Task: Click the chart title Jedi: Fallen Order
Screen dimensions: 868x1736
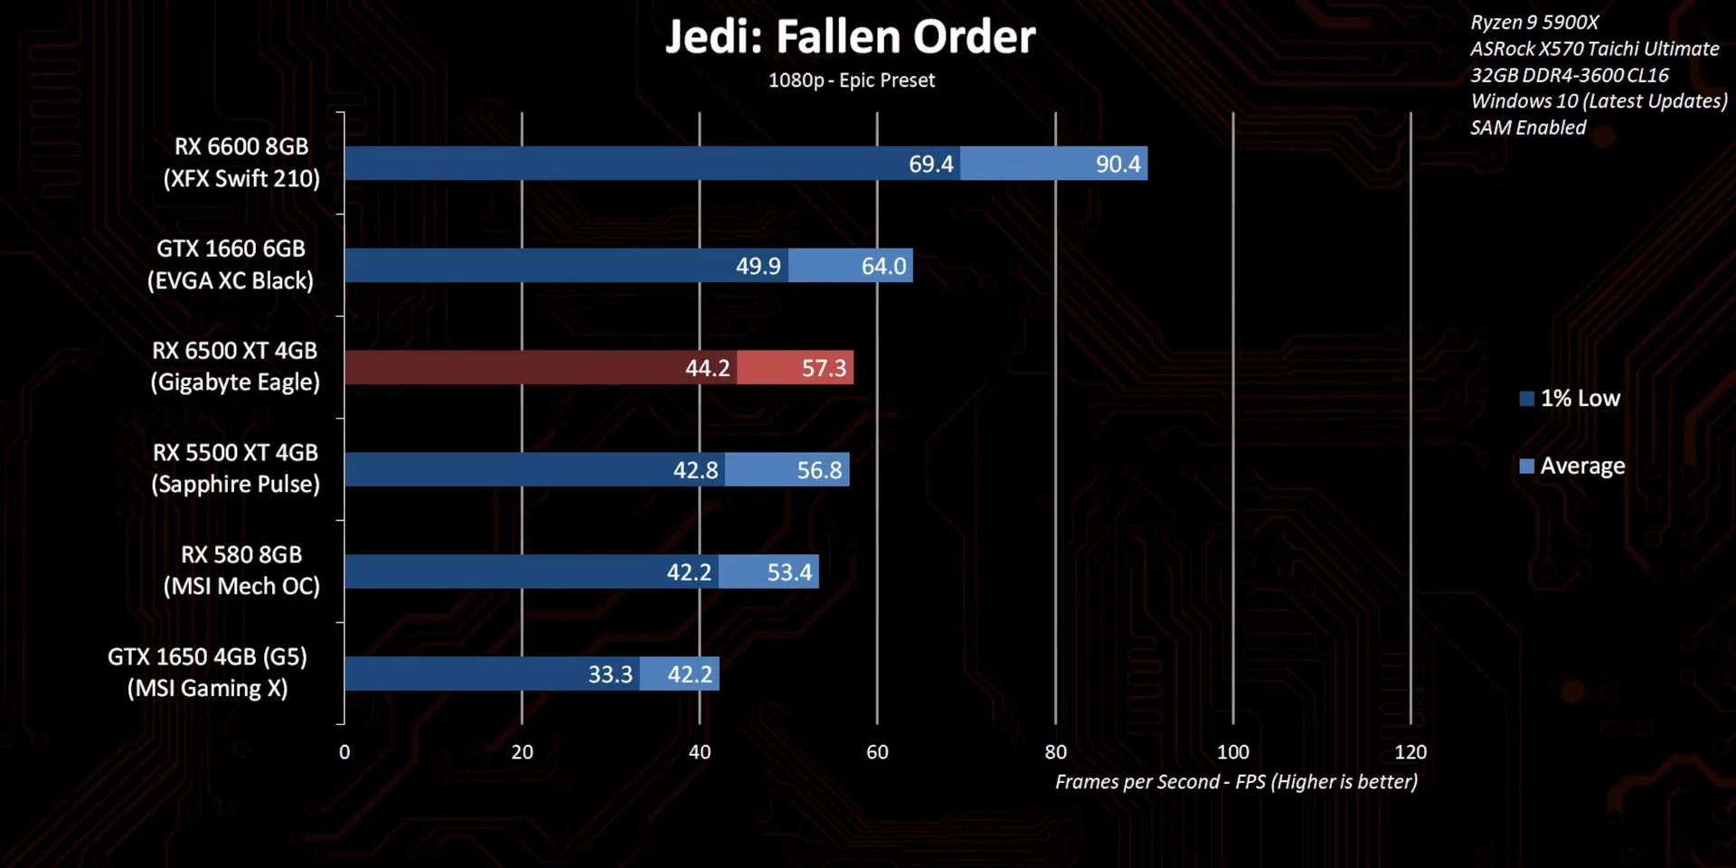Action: (850, 38)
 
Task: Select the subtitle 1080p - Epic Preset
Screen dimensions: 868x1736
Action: (851, 80)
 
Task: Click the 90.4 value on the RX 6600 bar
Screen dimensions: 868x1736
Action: (1118, 164)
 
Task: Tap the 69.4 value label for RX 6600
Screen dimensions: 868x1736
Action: (930, 164)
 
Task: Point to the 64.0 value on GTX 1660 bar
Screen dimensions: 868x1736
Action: (882, 266)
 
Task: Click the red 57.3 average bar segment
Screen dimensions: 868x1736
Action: (796, 368)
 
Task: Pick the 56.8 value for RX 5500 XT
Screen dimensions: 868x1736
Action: (818, 470)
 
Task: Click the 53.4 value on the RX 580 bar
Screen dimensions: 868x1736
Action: (789, 572)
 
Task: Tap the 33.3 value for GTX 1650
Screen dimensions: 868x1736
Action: (610, 675)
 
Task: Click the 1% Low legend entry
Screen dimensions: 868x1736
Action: (1571, 399)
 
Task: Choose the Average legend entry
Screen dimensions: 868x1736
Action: (1572, 467)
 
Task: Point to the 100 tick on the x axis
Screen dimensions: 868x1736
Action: (1232, 752)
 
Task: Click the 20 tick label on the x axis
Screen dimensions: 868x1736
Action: (522, 752)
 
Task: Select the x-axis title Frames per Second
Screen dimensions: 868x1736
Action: (1235, 782)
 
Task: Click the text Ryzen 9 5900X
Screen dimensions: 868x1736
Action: (1533, 23)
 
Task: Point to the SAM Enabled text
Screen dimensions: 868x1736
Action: (1527, 127)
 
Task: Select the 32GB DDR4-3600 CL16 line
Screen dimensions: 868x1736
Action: (1569, 75)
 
